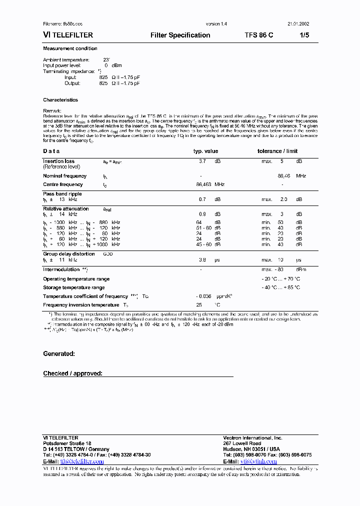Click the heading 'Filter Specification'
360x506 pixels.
coord(180,35)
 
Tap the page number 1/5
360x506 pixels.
coord(304,35)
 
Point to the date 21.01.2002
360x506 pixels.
coord(298,24)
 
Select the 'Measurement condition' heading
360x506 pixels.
coord(70,48)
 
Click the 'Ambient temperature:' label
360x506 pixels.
coord(66,60)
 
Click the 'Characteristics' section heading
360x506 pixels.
coord(60,100)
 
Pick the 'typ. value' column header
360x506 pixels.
coord(205,151)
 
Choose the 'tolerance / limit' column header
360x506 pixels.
coord(277,151)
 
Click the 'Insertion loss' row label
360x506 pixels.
coord(58,161)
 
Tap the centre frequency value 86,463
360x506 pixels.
coord(204,184)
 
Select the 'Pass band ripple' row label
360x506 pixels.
coord(62,193)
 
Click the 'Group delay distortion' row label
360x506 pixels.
coord(68,254)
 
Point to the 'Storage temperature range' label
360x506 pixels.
coord(73,287)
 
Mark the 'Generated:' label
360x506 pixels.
coord(59,353)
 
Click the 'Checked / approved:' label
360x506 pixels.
coord(72,373)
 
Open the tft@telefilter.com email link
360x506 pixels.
coord(82,462)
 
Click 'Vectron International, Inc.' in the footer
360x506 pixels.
coord(252,437)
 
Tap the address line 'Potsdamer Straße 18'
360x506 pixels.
coord(67,443)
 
